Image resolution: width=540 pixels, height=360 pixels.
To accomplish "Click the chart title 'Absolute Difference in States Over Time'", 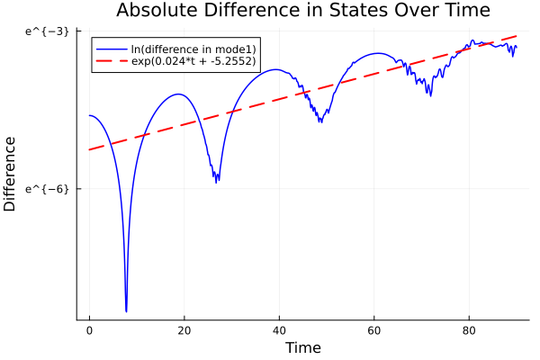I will tap(302, 11).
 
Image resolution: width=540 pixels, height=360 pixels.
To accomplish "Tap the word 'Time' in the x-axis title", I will tap(302, 347).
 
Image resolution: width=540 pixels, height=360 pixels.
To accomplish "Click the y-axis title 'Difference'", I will tap(10, 174).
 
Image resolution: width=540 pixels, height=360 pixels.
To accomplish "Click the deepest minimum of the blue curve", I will tap(127, 311).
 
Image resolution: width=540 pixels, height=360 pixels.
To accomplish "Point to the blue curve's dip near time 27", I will tap(217, 182).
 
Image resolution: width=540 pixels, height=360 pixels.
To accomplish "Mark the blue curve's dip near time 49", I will tap(320, 121).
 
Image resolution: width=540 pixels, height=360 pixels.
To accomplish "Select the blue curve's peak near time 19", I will tap(179, 94).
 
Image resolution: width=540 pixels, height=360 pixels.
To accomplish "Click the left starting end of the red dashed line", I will tap(89, 149).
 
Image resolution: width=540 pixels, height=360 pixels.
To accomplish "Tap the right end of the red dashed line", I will tap(517, 36).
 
